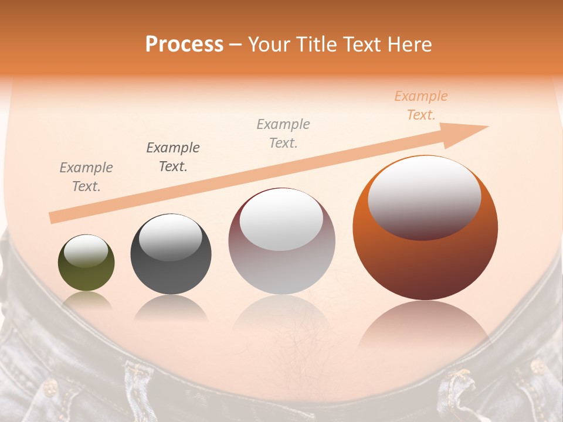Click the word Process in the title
(x=184, y=45)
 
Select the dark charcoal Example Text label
(x=173, y=157)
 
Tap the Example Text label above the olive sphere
(x=86, y=177)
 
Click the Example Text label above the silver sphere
(x=283, y=133)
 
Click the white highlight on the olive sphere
(x=86, y=251)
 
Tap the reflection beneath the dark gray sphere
(x=171, y=308)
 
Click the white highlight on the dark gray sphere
(x=170, y=237)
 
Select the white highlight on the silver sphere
(x=281, y=220)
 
